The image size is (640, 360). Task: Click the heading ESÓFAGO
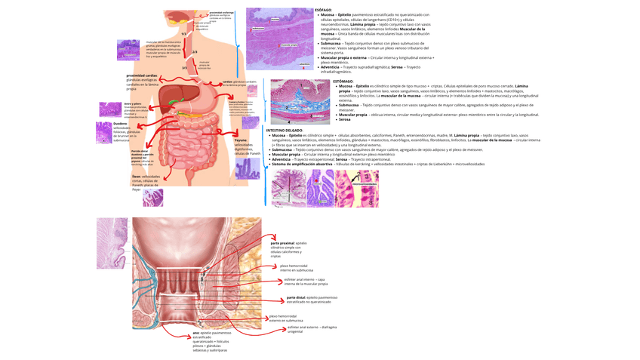coord(323,10)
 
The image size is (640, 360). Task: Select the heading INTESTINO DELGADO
coord(284,130)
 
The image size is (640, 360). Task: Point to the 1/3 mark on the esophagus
coord(184,35)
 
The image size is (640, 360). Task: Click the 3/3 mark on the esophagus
coord(184,68)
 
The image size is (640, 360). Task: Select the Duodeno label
coord(121,123)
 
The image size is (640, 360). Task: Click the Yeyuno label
coord(240,140)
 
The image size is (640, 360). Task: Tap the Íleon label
coord(137,176)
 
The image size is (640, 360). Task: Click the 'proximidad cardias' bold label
coord(142,75)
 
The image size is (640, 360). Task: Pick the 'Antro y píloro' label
coord(133,103)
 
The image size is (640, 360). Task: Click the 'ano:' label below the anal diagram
coord(195,332)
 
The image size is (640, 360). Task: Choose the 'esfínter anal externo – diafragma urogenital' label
coord(311,329)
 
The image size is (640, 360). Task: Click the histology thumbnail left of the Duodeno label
coord(103,133)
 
